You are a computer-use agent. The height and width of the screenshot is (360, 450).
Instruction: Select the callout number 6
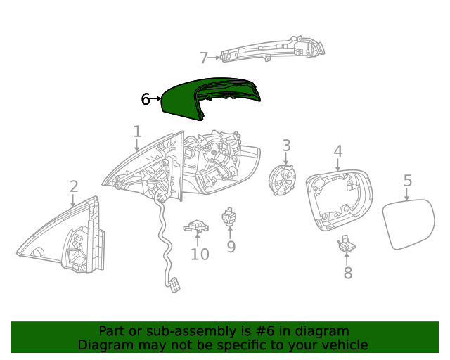pyautogui.click(x=146, y=99)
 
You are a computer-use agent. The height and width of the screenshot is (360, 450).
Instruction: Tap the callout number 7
pyautogui.click(x=204, y=58)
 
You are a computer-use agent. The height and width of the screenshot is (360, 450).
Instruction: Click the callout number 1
pyautogui.click(x=138, y=131)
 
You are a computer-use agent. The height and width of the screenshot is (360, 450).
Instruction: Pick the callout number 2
pyautogui.click(x=74, y=186)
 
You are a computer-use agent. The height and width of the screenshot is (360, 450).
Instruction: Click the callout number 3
pyautogui.click(x=287, y=146)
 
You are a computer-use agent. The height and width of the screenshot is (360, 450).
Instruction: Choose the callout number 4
pyautogui.click(x=338, y=150)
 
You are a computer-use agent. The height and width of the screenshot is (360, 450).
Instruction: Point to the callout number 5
pyautogui.click(x=408, y=181)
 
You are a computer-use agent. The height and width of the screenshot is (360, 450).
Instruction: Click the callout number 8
pyautogui.click(x=347, y=274)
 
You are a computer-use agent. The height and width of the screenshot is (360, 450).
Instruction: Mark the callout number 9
pyautogui.click(x=231, y=247)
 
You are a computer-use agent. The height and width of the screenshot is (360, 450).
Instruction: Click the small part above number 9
pyautogui.click(x=229, y=218)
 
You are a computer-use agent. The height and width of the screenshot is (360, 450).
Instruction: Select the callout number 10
pyautogui.click(x=200, y=254)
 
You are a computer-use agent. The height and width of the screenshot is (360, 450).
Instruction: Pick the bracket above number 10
pyautogui.click(x=197, y=226)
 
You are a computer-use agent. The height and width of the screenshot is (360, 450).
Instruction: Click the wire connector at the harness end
pyautogui.click(x=173, y=284)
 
